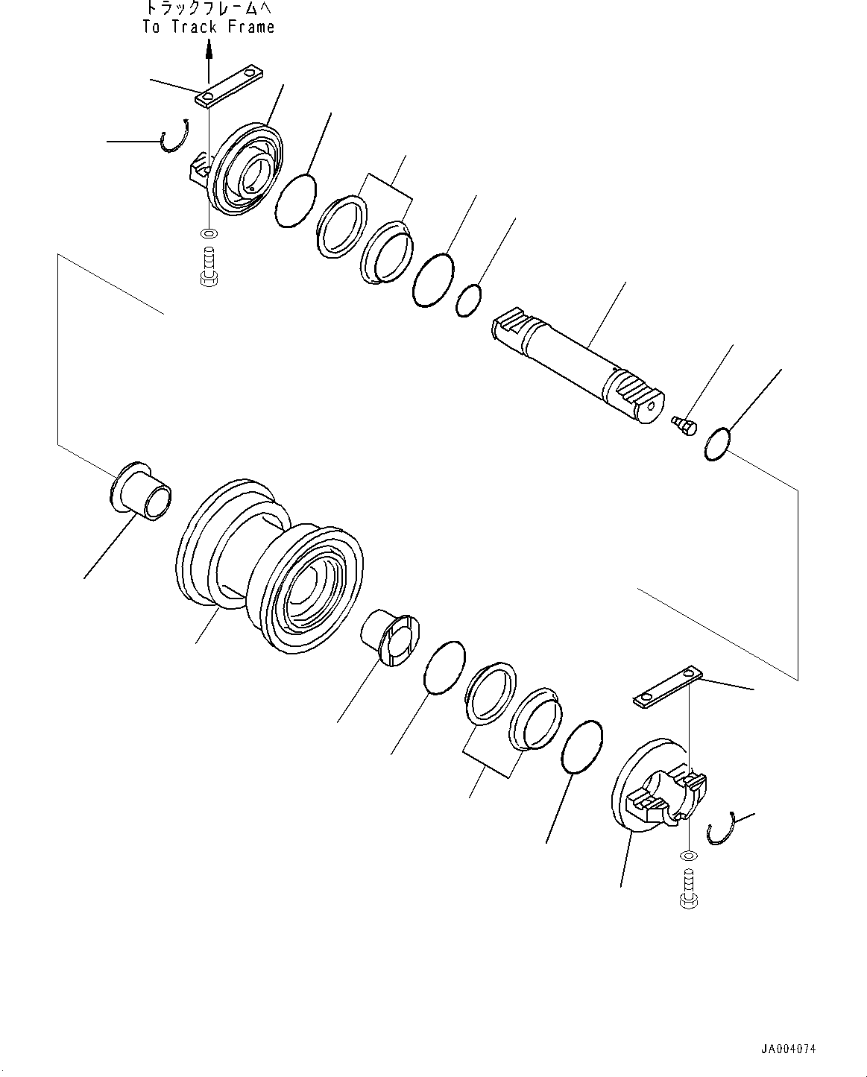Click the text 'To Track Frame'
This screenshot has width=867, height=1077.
tap(209, 27)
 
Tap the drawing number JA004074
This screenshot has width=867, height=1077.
tap(788, 1049)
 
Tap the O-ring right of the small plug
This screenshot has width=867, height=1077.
tap(718, 445)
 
